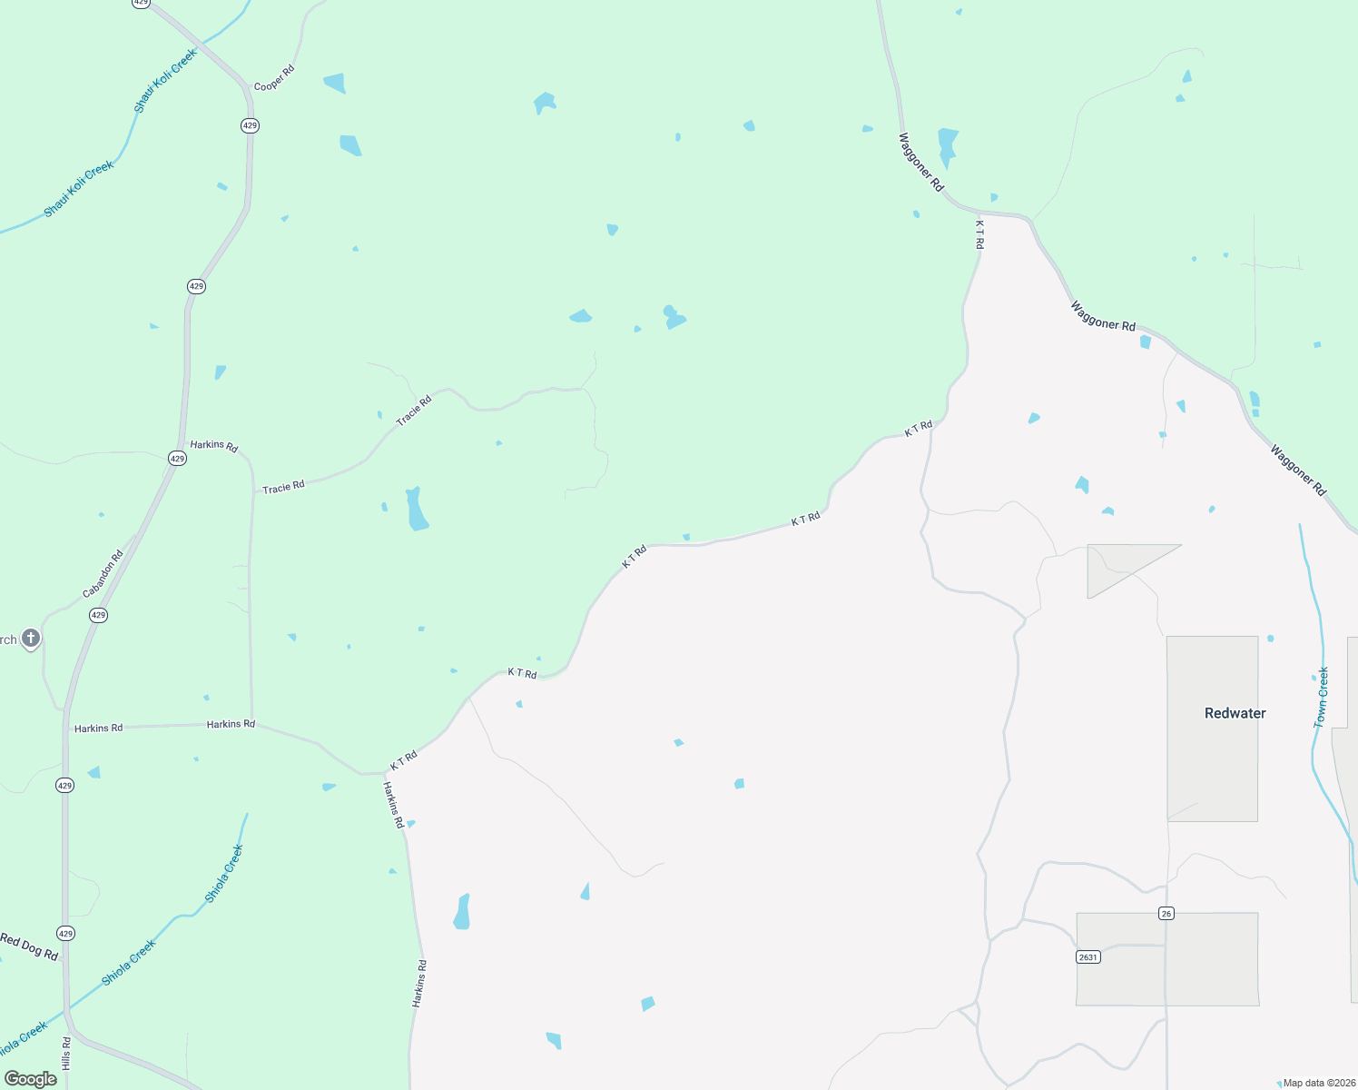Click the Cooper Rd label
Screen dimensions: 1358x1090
click(274, 78)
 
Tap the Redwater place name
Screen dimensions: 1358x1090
click(1235, 713)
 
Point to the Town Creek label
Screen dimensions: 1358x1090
click(1322, 697)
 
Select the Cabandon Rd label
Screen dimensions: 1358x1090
click(103, 575)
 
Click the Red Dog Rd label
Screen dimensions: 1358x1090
click(29, 946)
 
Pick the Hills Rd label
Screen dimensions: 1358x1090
click(66, 1053)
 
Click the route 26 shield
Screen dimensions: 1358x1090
click(1166, 913)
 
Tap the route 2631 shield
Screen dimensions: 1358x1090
click(1087, 956)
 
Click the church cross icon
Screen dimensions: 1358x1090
click(31, 639)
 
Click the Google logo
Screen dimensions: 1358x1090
click(31, 1078)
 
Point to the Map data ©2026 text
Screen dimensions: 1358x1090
click(1319, 1083)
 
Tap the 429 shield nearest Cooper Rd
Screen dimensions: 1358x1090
click(250, 125)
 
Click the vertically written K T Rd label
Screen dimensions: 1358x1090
click(979, 234)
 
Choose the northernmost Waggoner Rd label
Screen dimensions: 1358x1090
click(920, 162)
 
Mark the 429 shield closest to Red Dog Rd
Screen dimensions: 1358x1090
click(65, 933)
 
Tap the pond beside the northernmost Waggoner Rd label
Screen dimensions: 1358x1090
click(947, 145)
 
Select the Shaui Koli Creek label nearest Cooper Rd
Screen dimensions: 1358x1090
click(165, 82)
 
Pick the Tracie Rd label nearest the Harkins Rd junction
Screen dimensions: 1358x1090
click(283, 488)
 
